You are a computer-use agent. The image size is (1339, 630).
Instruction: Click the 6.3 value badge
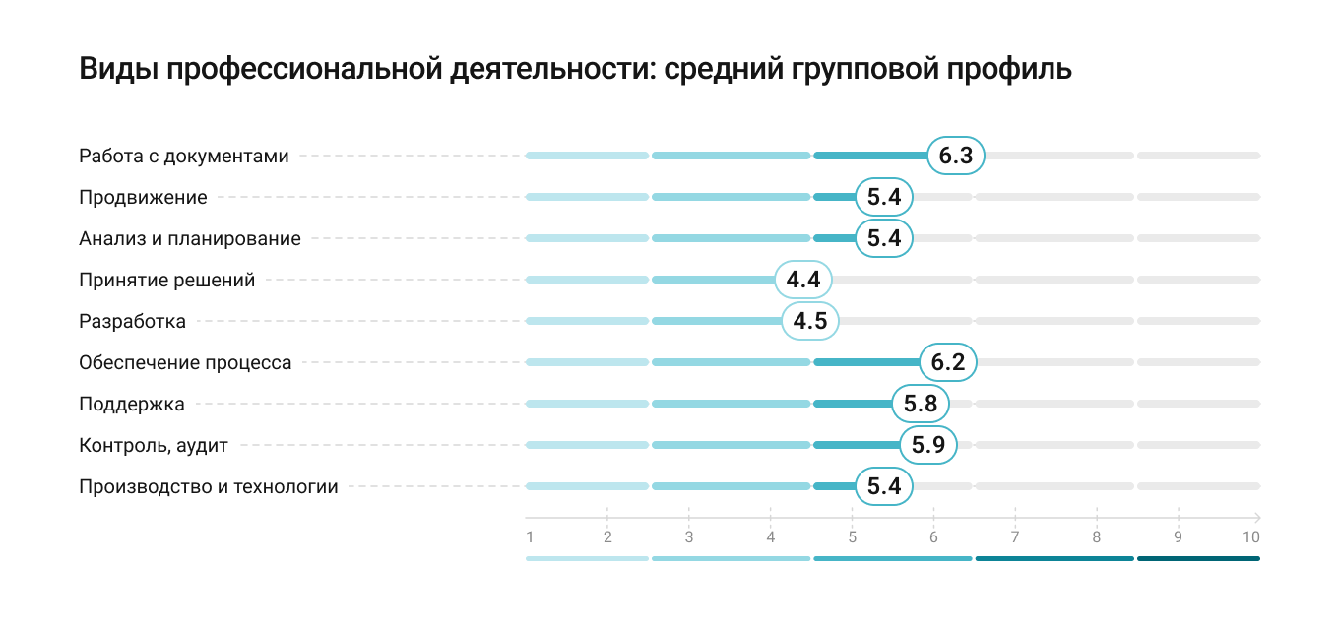click(x=956, y=156)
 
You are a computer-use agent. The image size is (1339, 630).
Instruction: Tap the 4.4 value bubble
click(x=803, y=280)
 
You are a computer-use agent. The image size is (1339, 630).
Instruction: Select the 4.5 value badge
click(x=810, y=321)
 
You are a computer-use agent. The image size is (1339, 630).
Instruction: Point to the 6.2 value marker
click(x=948, y=362)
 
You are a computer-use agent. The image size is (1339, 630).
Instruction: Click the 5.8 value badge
click(x=921, y=404)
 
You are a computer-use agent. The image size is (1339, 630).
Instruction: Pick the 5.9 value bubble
click(x=928, y=445)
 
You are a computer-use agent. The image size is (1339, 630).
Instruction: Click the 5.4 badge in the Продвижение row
click(x=884, y=197)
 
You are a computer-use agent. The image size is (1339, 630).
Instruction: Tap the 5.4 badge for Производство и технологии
click(x=884, y=486)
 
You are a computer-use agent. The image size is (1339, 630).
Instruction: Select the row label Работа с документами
click(x=184, y=156)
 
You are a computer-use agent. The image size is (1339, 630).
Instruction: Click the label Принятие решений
click(x=167, y=280)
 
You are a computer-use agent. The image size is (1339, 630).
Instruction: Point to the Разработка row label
click(x=132, y=321)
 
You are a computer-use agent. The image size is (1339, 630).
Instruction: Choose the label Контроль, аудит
click(x=154, y=445)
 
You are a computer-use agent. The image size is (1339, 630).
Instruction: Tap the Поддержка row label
click(x=132, y=404)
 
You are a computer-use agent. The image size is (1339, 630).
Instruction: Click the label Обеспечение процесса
click(x=185, y=362)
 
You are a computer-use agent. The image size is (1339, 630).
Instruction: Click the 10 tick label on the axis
click(x=1250, y=537)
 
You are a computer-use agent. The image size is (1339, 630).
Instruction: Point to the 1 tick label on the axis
click(x=530, y=537)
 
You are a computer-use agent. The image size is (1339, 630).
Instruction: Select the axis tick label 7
click(x=1015, y=537)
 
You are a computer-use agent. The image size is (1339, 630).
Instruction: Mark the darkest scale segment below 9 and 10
click(x=1198, y=558)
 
